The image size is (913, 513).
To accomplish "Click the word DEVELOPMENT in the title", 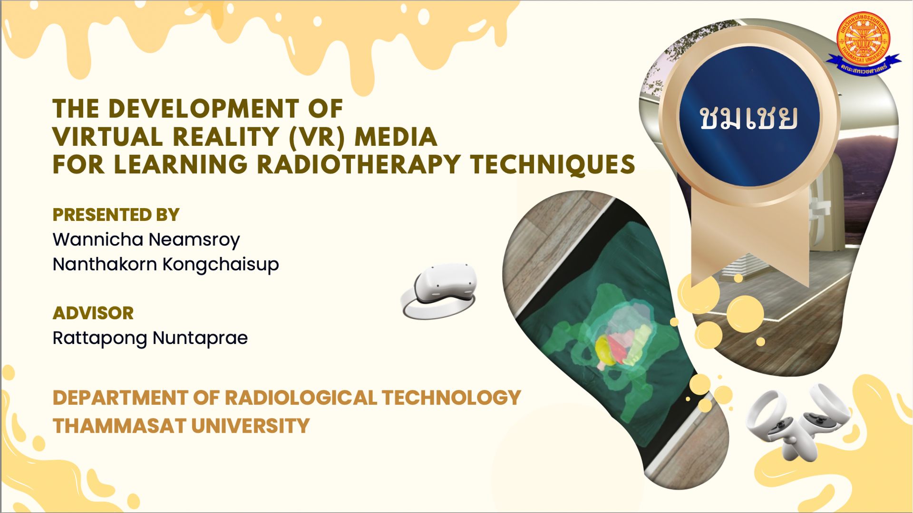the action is (x=204, y=109).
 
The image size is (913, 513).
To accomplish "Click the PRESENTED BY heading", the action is (x=116, y=215).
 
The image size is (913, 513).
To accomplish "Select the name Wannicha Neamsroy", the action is (x=146, y=239).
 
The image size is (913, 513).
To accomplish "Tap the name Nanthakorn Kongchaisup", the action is (x=165, y=264).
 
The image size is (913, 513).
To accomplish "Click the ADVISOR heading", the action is (x=93, y=313).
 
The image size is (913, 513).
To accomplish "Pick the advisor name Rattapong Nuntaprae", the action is (x=150, y=338).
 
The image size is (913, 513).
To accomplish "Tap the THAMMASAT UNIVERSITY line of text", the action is (x=181, y=426).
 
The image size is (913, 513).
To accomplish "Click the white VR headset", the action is (x=438, y=291).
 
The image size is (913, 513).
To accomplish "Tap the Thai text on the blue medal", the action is (x=748, y=117).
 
